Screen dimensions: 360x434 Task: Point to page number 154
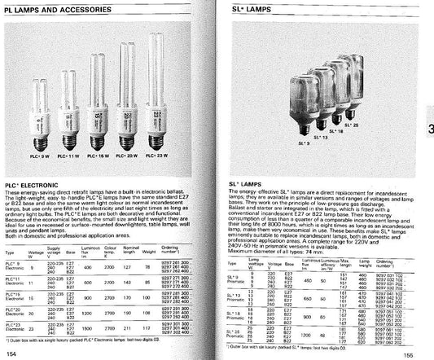point(11,353)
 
